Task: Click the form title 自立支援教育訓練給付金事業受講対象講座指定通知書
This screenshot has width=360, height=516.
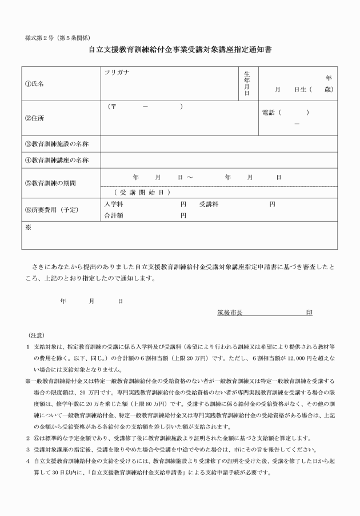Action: (180, 50)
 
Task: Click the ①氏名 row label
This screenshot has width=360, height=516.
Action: (34, 83)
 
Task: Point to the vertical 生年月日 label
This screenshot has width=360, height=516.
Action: (247, 83)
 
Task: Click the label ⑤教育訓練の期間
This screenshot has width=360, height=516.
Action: (55, 183)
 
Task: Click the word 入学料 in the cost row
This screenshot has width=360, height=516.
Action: (113, 204)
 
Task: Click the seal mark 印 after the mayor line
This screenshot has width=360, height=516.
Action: (309, 313)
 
